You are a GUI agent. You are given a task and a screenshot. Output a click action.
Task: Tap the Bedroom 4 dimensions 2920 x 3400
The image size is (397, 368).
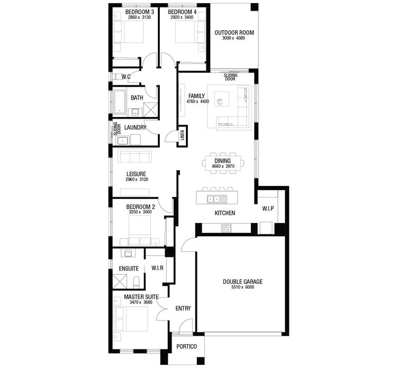tap(182, 17)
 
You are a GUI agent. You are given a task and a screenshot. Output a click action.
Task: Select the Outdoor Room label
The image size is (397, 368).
tap(234, 33)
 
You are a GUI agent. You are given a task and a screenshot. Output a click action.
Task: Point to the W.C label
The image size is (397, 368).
tap(126, 77)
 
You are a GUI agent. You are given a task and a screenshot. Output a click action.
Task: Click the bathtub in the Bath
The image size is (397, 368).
tap(119, 102)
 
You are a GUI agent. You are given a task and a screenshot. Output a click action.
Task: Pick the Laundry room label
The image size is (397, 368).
tap(135, 128)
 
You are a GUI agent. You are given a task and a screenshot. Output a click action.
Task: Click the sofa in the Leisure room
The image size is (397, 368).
tap(134, 156)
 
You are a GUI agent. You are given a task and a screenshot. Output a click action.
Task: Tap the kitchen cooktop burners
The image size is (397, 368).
tap(226, 229)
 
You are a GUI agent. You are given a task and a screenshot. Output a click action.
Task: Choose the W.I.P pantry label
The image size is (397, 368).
tap(268, 208)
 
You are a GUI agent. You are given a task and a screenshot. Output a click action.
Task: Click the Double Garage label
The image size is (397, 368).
tap(242, 282)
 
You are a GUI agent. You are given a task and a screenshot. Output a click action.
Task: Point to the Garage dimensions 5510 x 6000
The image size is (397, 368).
tap(242, 288)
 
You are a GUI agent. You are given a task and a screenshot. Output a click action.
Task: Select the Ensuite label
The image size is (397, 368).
tap(129, 268)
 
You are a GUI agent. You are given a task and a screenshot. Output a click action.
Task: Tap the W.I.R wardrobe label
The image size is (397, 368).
tap(157, 268)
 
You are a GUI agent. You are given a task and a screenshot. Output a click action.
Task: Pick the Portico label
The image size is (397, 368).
tap(186, 346)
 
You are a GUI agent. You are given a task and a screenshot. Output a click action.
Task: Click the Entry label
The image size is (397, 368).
tap(183, 309)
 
